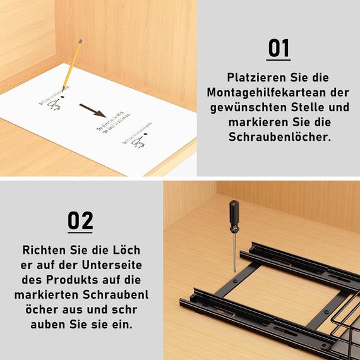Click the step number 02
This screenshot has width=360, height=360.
coord(80,220)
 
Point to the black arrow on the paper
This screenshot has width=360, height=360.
coord(92,111)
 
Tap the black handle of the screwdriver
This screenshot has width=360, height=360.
coord(234,215)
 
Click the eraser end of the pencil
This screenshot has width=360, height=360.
coord(80,41)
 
